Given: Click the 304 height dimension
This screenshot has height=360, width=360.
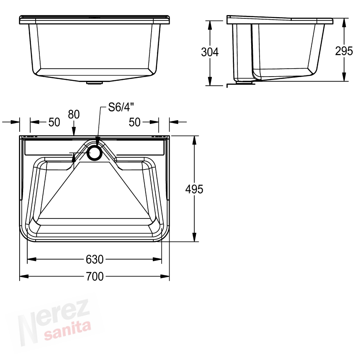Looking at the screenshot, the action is pos(210,52).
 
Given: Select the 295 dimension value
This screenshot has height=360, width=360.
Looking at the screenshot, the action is pos(344,51).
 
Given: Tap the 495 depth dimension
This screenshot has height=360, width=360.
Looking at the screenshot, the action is pos(194,189).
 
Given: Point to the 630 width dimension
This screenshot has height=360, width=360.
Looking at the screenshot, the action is pos(95,260).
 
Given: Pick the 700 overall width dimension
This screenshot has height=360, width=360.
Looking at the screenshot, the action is pos(95,276).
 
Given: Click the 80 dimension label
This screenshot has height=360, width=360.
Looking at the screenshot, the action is pos(74,114).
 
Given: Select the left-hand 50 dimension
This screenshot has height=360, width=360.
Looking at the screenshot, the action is pos(54,122).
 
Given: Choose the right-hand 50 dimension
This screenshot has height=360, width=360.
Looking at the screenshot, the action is pos(134,122).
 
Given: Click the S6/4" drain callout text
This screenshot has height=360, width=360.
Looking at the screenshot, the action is pos(121,107).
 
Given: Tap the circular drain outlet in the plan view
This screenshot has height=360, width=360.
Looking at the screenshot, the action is pos(94,153).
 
